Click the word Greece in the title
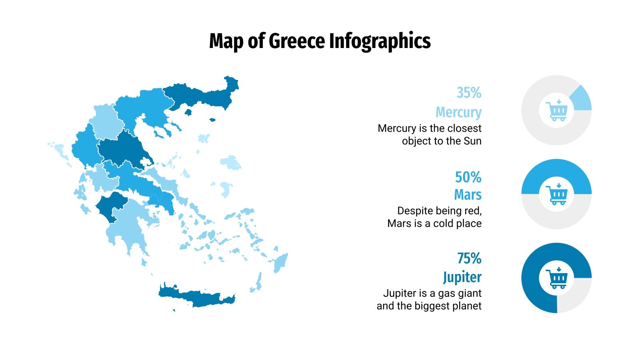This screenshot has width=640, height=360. pos(296,41)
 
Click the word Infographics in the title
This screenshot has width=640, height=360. pos(380,41)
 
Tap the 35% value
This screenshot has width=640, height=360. pos(469,93)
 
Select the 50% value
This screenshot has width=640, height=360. pos(468,177)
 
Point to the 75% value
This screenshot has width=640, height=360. pos(469,258)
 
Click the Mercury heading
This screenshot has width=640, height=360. pos(458,112)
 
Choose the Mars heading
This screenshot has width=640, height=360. pos(468,195)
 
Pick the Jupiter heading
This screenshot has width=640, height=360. pos(462,277)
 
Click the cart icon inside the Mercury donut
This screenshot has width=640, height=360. pos(557,110)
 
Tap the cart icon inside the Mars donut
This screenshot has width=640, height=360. pos(557,194)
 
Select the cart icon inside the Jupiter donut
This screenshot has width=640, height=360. pos(557,278)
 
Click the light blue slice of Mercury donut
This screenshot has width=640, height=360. pos(581,100)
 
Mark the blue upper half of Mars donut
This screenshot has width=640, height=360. pos(556,168)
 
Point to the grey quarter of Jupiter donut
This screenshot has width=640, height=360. pos(574,296)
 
